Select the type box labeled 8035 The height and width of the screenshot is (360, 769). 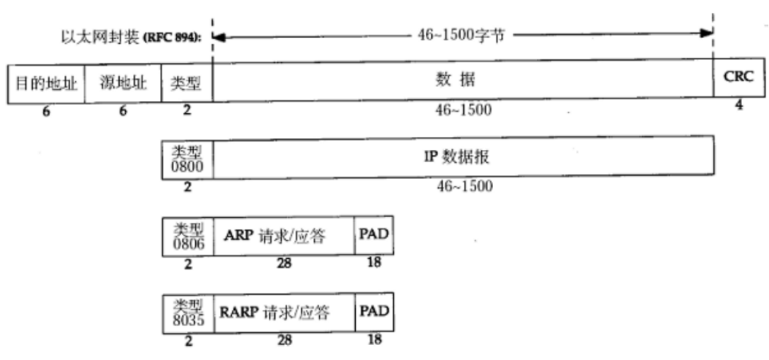[187, 312]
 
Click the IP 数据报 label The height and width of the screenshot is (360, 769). [462, 156]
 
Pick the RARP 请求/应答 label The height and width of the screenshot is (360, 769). [283, 312]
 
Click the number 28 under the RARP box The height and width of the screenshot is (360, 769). [284, 340]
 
